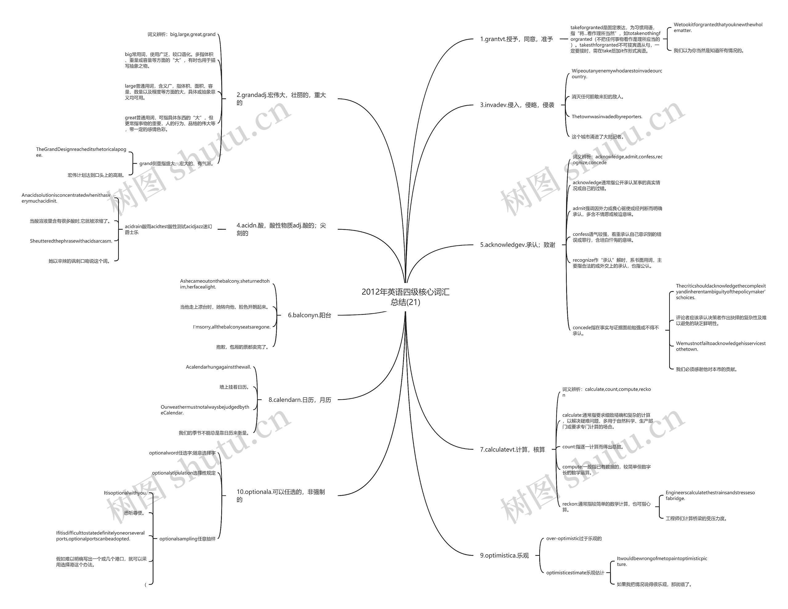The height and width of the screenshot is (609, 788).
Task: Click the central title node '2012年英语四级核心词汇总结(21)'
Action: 406,297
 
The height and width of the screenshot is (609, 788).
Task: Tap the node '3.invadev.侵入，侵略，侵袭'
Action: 517,105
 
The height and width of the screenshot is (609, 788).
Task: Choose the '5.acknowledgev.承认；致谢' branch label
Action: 517,245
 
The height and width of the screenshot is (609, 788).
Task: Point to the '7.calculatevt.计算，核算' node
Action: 512,450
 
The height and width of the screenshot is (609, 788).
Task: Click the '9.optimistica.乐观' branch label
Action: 505,555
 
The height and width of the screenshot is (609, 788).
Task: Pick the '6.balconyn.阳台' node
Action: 309,315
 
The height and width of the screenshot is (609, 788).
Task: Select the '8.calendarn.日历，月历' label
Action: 300,400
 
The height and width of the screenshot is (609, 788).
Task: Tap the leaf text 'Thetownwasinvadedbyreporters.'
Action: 607,117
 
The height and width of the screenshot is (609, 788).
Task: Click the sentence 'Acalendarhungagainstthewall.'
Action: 218,367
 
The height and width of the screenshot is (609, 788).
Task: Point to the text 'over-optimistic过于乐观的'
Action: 574,538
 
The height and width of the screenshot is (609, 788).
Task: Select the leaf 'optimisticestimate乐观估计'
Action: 575,573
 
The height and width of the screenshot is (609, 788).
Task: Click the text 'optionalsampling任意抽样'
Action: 187,538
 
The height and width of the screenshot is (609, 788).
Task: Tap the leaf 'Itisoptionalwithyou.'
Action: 125,493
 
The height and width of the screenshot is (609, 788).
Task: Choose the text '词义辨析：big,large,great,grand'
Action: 182,34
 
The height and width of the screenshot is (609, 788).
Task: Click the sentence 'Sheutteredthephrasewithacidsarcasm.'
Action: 71,241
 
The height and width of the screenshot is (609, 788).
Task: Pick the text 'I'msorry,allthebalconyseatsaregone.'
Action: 232,327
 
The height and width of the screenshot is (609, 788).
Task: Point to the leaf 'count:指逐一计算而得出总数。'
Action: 593,446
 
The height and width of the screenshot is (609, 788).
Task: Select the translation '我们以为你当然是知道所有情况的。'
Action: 709,50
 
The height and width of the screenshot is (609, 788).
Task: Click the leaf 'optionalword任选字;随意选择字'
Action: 182,453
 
